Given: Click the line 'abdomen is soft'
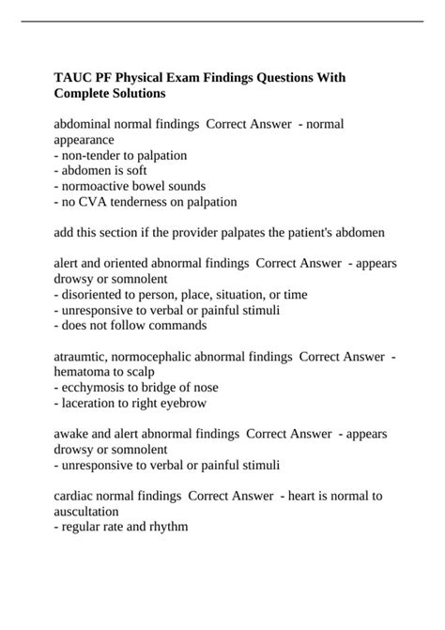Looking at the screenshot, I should (98, 170).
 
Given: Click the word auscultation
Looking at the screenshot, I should (87, 511).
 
